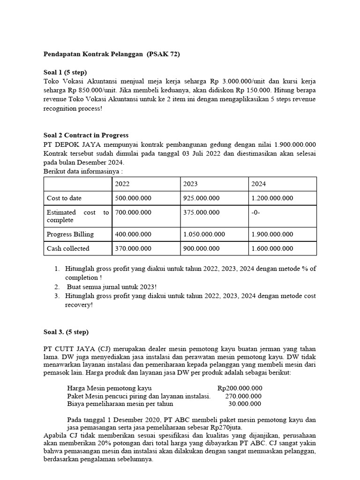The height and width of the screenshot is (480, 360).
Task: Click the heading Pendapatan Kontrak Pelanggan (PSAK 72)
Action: tap(111, 54)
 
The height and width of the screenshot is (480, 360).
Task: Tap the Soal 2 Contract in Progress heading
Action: tap(85, 135)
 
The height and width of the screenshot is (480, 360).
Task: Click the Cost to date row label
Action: tap(64, 198)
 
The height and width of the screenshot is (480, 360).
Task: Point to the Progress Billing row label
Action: tap(70, 234)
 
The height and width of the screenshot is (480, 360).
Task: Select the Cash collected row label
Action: tap(68, 248)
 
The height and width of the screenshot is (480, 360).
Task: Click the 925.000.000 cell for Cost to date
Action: tap(202, 198)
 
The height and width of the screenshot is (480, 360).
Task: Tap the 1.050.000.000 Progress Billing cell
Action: tap(204, 234)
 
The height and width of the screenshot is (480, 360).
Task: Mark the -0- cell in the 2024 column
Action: tap(257, 212)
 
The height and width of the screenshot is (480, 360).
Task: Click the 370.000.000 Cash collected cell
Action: tap(134, 248)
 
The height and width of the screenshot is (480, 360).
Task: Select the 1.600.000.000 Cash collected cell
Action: tap(272, 248)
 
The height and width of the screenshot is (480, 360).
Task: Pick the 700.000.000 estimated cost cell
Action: tap(134, 212)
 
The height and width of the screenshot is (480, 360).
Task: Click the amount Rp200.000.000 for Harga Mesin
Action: tap(240, 388)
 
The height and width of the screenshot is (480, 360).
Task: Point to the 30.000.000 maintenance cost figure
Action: tap(245, 404)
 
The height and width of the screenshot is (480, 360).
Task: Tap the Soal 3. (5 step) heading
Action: tap(66, 332)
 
